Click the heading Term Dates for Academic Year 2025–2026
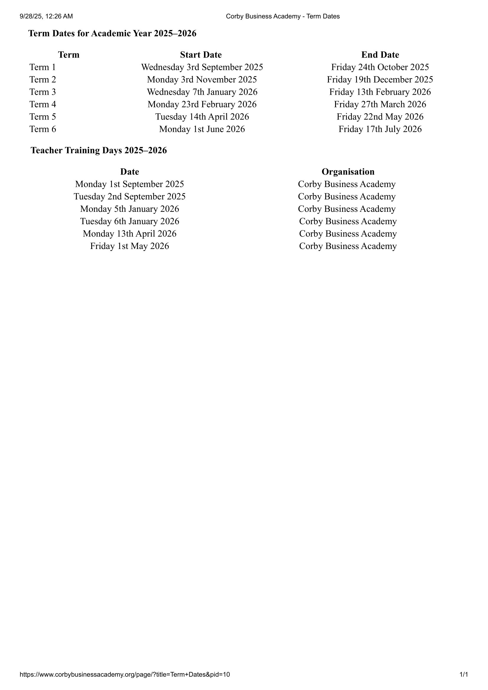click(112, 33)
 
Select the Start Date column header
click(201, 55)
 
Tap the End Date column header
click(380, 55)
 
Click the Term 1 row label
click(43, 67)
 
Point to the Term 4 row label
click(43, 104)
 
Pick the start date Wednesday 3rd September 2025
click(202, 67)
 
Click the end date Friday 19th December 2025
click(380, 79)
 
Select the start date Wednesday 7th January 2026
click(202, 92)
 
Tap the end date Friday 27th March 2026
click(380, 104)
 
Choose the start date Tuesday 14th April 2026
click(202, 117)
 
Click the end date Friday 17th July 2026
click(380, 129)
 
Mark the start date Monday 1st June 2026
click(202, 129)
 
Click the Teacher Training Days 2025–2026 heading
click(99, 150)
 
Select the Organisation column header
click(348, 172)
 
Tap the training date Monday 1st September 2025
click(130, 184)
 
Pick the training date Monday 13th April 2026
click(130, 234)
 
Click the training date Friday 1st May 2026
click(130, 246)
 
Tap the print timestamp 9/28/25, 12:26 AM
click(46, 16)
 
